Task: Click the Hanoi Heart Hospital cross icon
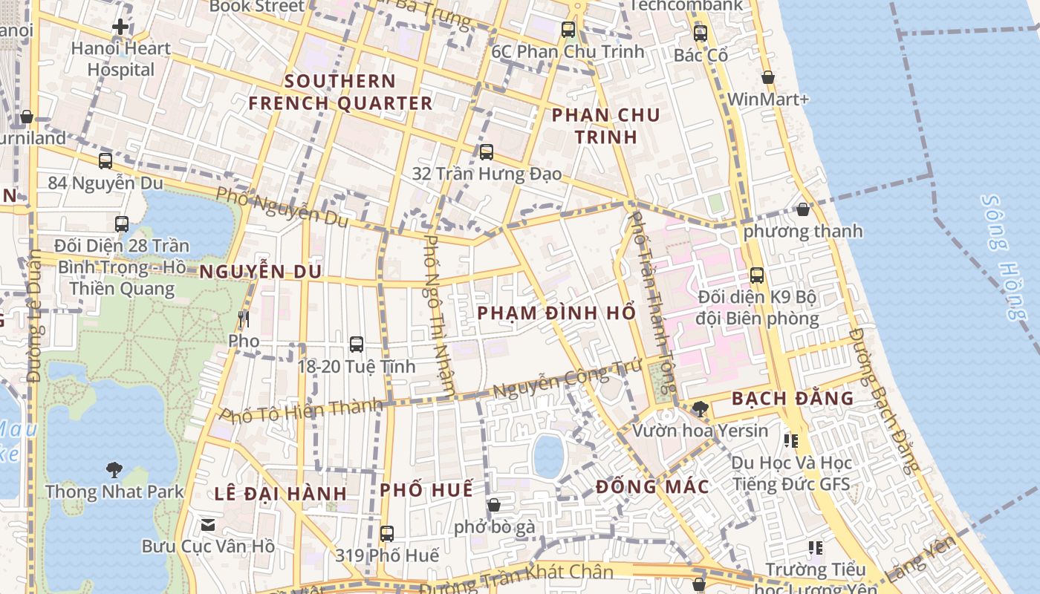pos(120,27)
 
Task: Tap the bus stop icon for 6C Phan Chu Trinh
pos(568,30)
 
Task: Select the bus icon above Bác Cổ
pos(701,33)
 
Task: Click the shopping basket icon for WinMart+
pos(768,77)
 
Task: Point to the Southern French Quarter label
pos(340,92)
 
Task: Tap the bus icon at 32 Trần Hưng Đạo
pos(487,152)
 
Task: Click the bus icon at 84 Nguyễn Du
pos(105,160)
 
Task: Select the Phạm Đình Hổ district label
pos(556,313)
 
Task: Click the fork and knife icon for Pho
pos(244,319)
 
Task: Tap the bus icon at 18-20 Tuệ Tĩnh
pos(357,345)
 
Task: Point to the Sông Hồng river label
pos(1004,257)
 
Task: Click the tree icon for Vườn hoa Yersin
pos(700,408)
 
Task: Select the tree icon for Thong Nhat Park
pos(114,469)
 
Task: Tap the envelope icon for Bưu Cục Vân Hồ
pos(208,525)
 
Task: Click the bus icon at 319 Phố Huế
pos(387,533)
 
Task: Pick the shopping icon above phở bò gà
pos(494,505)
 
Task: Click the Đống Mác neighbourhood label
pos(652,486)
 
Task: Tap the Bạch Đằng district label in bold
pos(793,398)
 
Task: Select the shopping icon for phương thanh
pos(803,209)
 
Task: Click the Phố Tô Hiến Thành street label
pos(302,411)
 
